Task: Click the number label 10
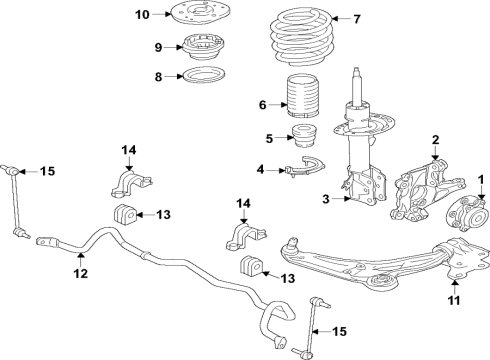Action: pos(141,14)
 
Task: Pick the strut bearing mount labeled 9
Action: pos(203,46)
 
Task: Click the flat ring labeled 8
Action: pos(203,75)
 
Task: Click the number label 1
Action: pos(481,179)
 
